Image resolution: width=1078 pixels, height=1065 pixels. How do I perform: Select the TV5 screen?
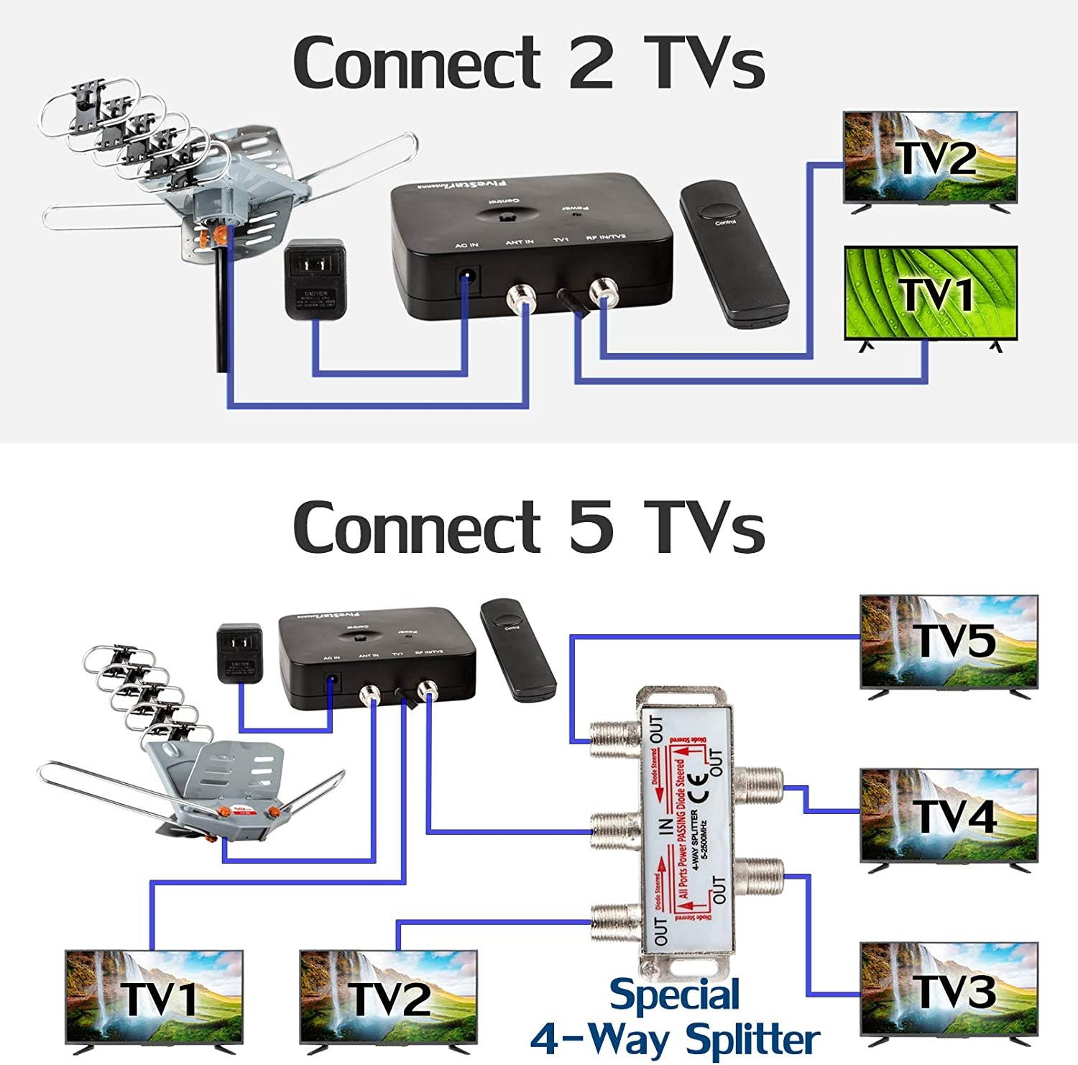click(949, 641)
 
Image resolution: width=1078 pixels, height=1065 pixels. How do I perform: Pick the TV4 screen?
click(949, 815)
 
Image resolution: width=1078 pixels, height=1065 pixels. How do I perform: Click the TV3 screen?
click(949, 989)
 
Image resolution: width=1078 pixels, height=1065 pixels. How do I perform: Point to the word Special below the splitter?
click(674, 996)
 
